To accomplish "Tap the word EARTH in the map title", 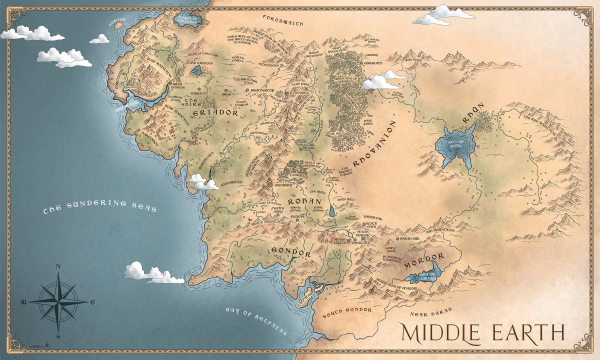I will tap(531, 331).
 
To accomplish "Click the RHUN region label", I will tap(472, 118).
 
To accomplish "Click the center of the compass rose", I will tap(59, 298).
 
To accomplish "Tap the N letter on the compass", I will tap(59, 266).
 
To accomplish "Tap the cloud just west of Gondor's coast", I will tap(152, 271).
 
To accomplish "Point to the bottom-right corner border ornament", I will tap(588, 349).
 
